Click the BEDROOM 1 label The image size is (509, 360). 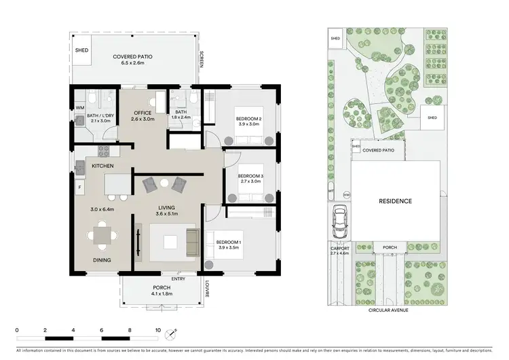click(x=229, y=242)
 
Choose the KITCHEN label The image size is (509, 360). click(x=102, y=166)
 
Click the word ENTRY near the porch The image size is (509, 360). click(x=178, y=278)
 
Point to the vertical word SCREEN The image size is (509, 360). click(x=201, y=60)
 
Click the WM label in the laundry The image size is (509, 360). click(x=79, y=107)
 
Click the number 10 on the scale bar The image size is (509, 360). click(x=158, y=331)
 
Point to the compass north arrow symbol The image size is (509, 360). click(x=174, y=333)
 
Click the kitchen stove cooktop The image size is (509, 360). click(x=105, y=151)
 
